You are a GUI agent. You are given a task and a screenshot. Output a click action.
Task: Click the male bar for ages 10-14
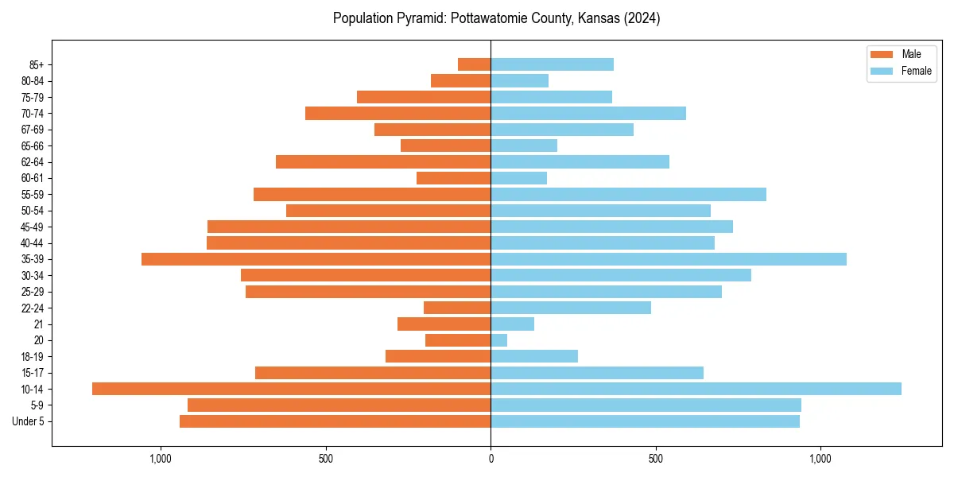coord(291,389)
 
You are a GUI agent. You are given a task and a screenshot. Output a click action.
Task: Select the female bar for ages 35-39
coord(668,259)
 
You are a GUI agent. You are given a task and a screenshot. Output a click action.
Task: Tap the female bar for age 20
coord(498,340)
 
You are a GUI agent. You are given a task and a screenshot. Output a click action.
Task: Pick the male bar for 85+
coord(474,64)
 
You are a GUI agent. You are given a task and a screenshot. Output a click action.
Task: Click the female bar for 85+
coord(552,64)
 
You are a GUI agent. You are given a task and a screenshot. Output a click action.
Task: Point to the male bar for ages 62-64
coord(383,162)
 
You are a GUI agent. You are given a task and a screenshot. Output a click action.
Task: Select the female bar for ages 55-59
coord(628,195)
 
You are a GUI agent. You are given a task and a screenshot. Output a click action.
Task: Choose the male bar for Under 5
coord(335,421)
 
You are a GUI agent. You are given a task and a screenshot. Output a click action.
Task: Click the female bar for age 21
coord(512,324)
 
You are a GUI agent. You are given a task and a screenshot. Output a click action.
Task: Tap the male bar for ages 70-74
coord(397,114)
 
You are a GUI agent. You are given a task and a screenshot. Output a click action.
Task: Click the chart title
coord(496,18)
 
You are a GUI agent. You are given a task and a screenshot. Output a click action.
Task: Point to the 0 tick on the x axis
coord(491,459)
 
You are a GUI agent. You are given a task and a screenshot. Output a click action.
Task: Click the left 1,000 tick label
coord(161,459)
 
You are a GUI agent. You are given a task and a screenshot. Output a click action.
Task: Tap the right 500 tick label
coord(655,459)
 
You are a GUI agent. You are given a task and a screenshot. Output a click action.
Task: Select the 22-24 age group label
coord(33,308)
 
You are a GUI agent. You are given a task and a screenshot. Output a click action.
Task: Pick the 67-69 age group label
coord(33,130)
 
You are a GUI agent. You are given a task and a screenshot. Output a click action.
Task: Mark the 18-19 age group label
coord(33,357)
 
